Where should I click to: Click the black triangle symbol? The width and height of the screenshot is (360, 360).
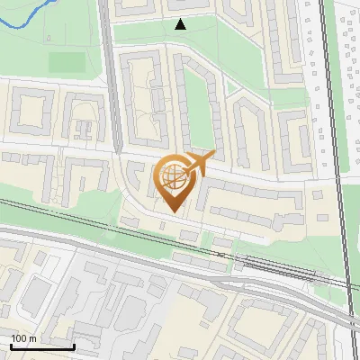(x=181, y=25)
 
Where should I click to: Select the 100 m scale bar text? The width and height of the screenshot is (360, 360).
(x=24, y=337)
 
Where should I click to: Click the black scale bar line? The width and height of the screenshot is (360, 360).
(x=42, y=346)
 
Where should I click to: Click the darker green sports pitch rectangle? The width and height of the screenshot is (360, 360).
(x=66, y=62)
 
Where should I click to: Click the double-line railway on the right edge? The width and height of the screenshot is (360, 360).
(x=335, y=135)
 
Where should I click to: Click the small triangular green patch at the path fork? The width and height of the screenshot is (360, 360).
(x=232, y=88)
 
